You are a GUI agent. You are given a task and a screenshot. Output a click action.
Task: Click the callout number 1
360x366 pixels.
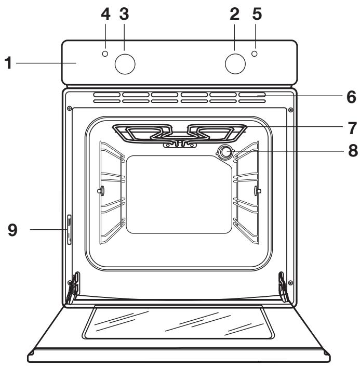(x=8, y=63)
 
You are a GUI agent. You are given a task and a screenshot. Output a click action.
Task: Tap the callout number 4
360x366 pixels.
(x=105, y=15)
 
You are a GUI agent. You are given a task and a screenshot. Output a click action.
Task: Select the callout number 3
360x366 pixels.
(x=124, y=15)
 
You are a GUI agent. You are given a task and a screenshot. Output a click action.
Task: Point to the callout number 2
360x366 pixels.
(x=234, y=15)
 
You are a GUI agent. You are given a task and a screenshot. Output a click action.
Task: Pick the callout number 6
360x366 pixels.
(x=352, y=97)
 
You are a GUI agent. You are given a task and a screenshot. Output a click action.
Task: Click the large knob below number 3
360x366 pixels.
(x=125, y=63)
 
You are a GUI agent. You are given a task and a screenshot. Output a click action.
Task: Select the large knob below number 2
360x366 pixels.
(x=235, y=63)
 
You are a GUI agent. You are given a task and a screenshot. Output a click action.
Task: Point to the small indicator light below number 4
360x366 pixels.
(x=105, y=54)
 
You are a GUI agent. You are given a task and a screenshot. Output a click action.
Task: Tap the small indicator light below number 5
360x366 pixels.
(x=255, y=54)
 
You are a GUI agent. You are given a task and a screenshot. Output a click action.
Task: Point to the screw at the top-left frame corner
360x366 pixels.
(x=69, y=109)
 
